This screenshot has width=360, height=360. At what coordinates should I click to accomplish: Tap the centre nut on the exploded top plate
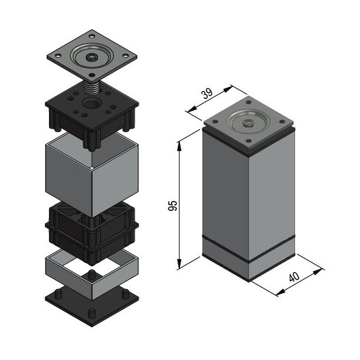coord(93,57)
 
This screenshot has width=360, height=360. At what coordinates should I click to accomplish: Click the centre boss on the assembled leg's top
coord(248,123)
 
